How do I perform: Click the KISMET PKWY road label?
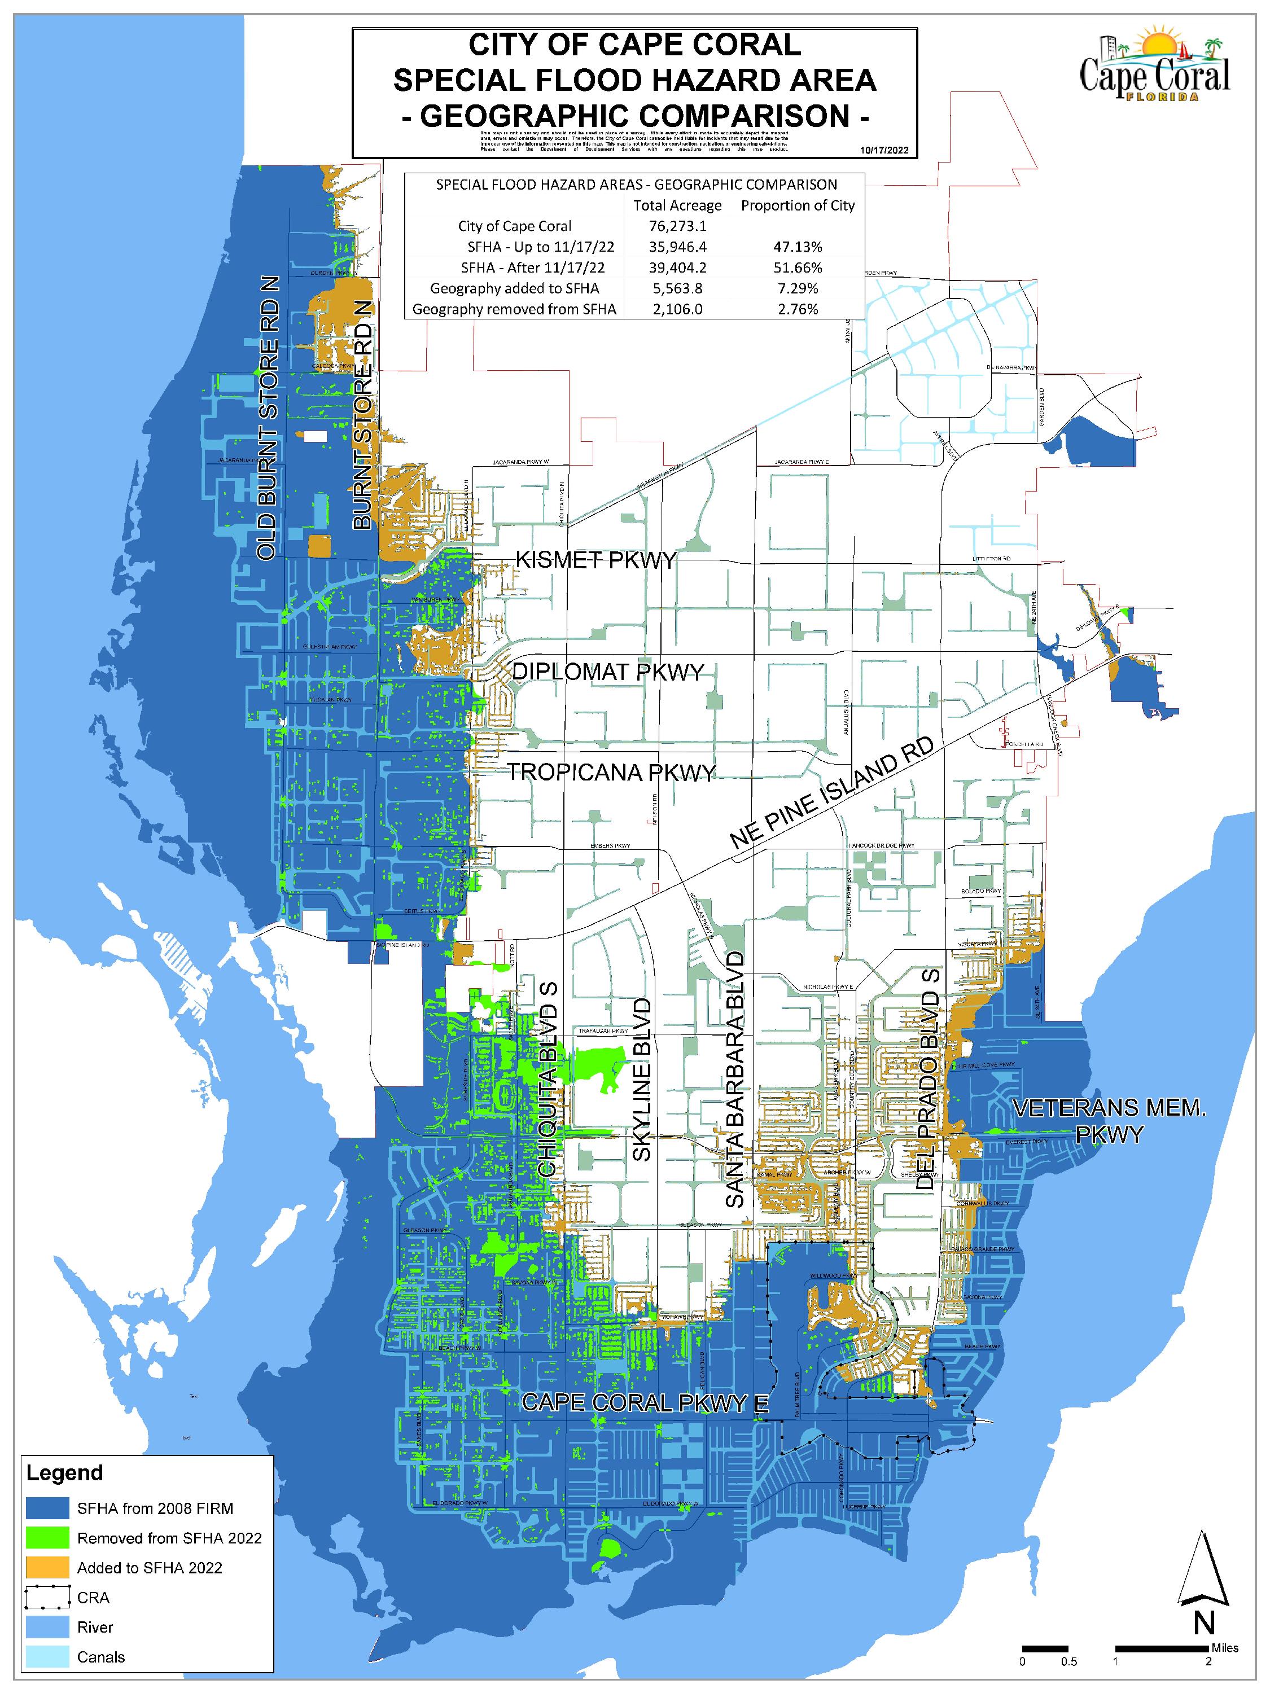(595, 560)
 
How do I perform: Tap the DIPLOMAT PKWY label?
(607, 672)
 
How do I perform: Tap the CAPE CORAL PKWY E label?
(645, 1403)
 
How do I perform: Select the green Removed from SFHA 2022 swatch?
(48, 1538)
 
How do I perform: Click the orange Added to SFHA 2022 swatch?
(48, 1568)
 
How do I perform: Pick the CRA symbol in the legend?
(48, 1597)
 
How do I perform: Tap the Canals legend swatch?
(48, 1657)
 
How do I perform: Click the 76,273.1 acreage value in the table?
(677, 226)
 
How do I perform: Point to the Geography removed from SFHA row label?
(514, 309)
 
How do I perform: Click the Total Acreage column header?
(677, 205)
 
